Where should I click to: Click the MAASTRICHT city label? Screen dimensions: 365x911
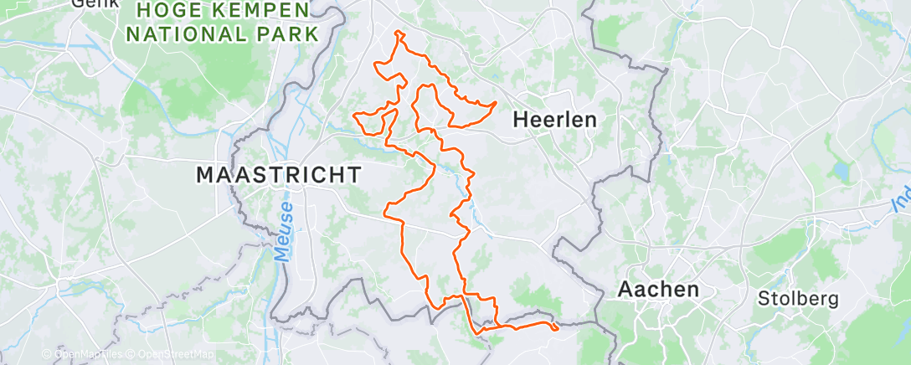(x=279, y=175)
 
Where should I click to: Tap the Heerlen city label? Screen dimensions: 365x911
(x=554, y=120)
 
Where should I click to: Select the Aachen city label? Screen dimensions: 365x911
(x=658, y=290)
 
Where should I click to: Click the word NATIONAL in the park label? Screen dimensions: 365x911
(x=178, y=35)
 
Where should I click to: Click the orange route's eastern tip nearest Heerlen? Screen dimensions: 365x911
(x=496, y=103)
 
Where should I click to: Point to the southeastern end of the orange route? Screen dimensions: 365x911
(x=557, y=327)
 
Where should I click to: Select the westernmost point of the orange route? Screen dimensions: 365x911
(x=354, y=114)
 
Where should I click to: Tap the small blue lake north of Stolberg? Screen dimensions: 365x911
(x=839, y=172)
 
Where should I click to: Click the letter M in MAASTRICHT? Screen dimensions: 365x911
(x=205, y=175)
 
